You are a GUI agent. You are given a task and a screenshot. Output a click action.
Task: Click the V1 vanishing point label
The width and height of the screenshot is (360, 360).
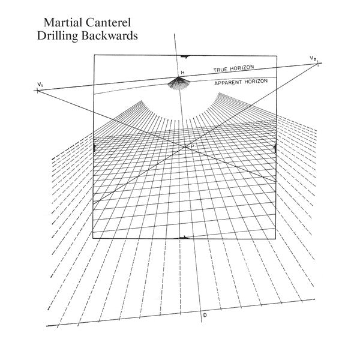click(38, 84)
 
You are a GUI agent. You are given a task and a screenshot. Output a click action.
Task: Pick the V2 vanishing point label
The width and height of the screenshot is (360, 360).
click(313, 57)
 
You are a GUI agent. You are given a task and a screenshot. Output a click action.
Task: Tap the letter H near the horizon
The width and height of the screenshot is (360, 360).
click(182, 73)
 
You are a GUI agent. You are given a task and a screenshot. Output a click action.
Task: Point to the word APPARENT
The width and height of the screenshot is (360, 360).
click(229, 83)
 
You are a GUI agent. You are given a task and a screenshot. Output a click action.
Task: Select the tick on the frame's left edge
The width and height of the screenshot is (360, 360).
click(95, 147)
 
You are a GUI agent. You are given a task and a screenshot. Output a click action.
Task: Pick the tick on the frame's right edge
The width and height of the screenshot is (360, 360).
click(275, 147)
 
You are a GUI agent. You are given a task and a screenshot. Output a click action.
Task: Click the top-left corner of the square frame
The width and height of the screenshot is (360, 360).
click(94, 56)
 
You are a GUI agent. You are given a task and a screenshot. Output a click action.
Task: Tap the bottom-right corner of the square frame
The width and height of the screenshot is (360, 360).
click(275, 239)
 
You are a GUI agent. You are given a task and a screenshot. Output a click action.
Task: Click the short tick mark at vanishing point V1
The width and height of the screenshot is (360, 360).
click(37, 91)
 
